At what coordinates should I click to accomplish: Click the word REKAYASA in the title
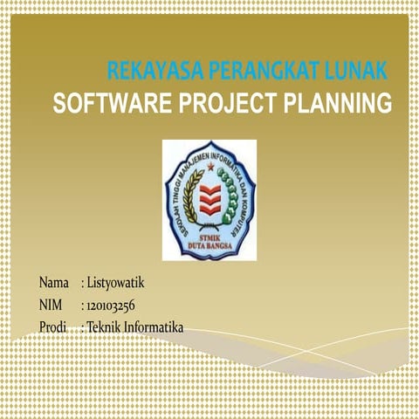pos(144,71)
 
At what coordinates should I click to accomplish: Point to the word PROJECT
pos(229,105)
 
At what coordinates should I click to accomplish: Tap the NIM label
pos(52,305)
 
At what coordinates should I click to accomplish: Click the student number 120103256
pos(111,305)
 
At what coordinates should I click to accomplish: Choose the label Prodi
pos(54,326)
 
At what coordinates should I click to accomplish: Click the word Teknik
pos(104,326)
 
